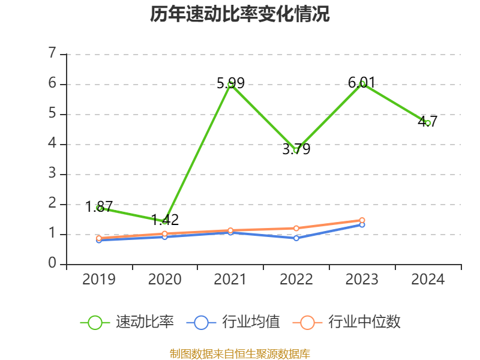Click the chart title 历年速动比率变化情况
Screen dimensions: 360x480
coord(240,14)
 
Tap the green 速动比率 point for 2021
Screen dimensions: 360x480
coord(230,85)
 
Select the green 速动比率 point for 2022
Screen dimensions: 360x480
coord(296,150)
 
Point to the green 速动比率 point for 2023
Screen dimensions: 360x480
coord(362,84)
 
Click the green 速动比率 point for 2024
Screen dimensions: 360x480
coord(428,123)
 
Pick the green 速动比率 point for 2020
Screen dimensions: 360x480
coord(165,221)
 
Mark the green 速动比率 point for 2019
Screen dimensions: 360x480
coord(99,208)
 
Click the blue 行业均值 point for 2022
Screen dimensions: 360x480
coord(296,238)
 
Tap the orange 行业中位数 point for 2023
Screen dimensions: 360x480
coord(362,220)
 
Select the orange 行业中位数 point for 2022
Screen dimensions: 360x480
coord(296,228)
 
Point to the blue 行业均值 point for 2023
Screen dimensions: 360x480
coord(362,224)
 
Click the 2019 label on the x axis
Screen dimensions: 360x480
coord(99,280)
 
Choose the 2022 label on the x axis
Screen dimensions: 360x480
coord(296,280)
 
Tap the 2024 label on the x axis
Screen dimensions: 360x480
coord(428,280)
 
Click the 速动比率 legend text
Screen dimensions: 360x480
coord(145,322)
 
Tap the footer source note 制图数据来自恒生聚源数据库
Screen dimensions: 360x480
coord(240,353)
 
